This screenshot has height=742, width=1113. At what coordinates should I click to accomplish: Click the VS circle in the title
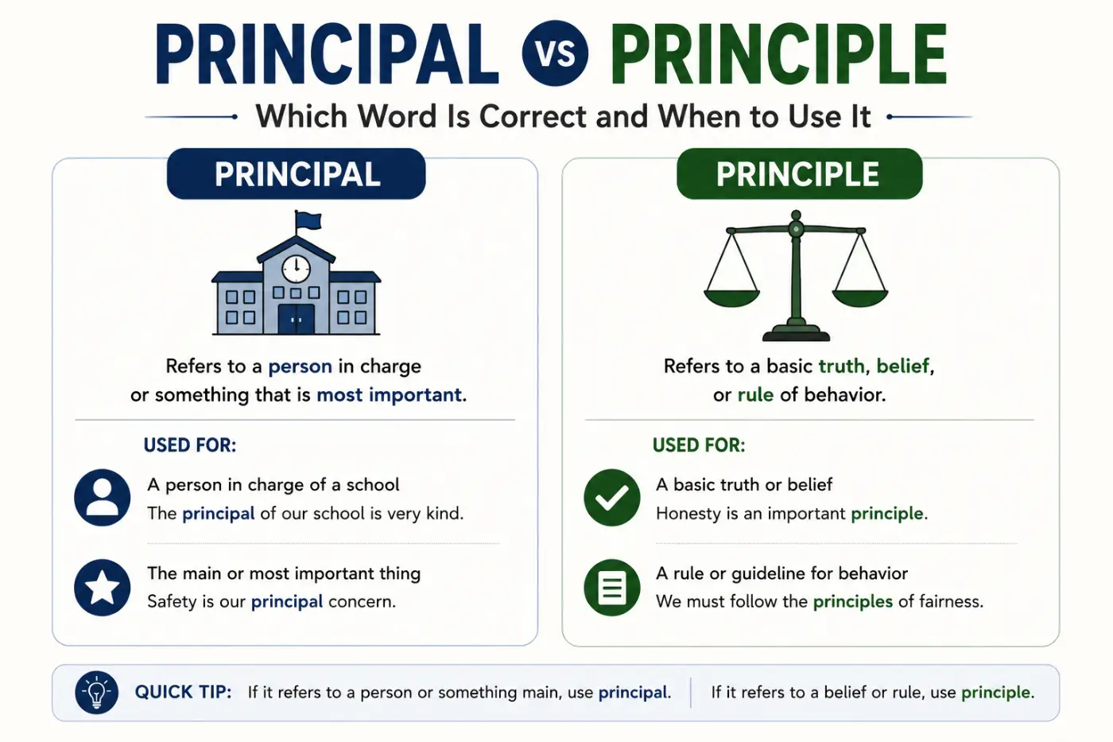(x=555, y=53)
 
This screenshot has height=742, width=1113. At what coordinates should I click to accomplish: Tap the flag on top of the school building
(x=308, y=220)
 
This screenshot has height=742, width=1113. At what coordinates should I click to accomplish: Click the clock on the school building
(x=296, y=269)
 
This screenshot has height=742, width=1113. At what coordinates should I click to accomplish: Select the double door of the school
(x=296, y=319)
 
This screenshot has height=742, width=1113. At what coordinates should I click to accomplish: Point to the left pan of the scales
(x=731, y=297)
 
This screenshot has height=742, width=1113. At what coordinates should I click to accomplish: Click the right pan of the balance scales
(x=860, y=297)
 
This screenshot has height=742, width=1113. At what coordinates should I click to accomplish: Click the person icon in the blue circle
(x=103, y=498)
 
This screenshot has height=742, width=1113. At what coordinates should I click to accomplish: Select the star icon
(x=103, y=588)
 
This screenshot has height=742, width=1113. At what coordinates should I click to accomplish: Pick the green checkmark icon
(x=612, y=498)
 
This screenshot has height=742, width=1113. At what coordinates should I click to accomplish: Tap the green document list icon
(x=612, y=588)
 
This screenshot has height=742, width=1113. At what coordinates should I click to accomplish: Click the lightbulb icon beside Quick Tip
(x=96, y=693)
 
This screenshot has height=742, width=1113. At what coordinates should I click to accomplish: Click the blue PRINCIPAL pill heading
(x=296, y=174)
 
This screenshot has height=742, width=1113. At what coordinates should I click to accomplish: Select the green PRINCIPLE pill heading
(x=800, y=174)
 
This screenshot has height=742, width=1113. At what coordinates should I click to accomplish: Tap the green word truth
(x=842, y=367)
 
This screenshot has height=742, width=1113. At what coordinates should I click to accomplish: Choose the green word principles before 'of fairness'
(x=852, y=602)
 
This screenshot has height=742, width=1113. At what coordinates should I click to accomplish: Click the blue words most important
(x=390, y=395)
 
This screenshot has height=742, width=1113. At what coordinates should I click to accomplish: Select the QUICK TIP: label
(x=184, y=693)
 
